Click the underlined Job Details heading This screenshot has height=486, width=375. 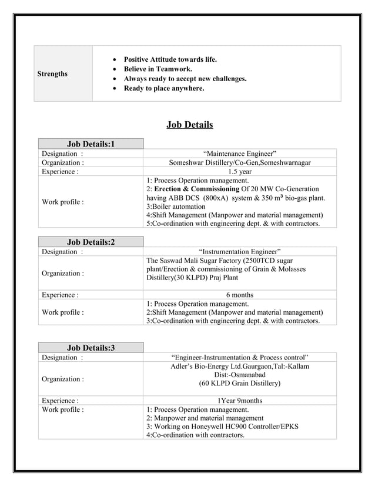(x=189, y=124)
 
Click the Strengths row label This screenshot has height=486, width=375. (x=52, y=74)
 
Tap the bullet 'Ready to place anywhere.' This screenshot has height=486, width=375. (x=163, y=88)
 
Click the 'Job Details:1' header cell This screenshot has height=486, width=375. (x=91, y=144)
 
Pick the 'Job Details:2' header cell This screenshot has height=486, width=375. (x=91, y=242)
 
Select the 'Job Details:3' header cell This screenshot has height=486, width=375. (x=91, y=348)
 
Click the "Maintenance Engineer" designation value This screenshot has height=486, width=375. (x=240, y=154)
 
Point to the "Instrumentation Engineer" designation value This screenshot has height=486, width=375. (x=240, y=251)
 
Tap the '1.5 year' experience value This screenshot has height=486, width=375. (x=240, y=172)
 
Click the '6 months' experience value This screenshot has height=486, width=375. (x=240, y=295)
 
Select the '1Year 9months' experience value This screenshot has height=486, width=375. (x=240, y=401)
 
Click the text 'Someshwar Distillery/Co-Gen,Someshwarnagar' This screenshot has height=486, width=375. (x=240, y=162)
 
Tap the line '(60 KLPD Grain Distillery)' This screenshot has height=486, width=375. (x=240, y=384)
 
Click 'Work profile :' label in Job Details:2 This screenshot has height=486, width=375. (x=62, y=312)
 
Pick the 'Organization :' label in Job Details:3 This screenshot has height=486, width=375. (x=62, y=379)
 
